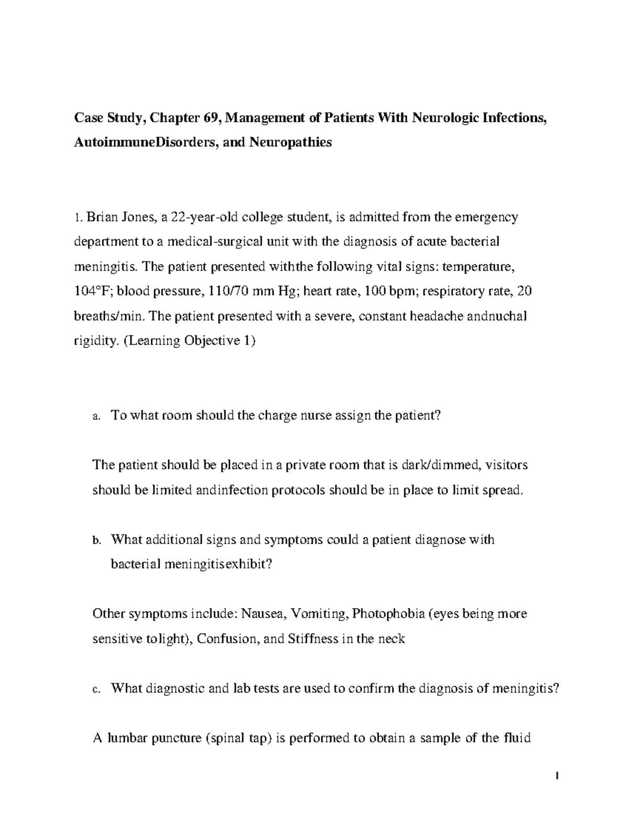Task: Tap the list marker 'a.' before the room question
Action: [x=95, y=417]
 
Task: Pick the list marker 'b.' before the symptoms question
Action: [x=95, y=540]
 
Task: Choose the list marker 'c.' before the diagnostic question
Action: [x=95, y=690]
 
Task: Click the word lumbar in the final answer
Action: [x=127, y=739]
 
